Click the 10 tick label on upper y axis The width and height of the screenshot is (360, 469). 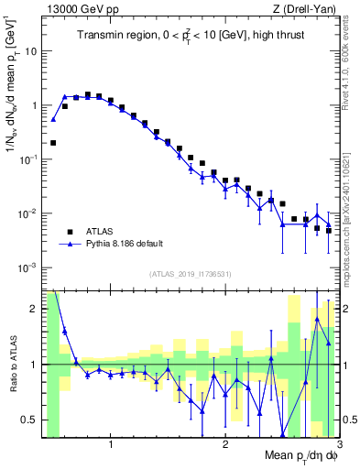coord(31,51)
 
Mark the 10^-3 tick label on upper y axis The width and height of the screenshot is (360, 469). coord(28,267)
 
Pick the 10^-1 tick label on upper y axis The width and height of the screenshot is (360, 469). coord(28,159)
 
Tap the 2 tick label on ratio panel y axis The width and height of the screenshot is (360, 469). coord(34,309)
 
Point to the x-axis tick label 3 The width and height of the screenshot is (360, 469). coord(338,446)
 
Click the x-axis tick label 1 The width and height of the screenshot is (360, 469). coord(111,446)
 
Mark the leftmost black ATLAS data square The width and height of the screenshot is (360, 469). coord(53,143)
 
